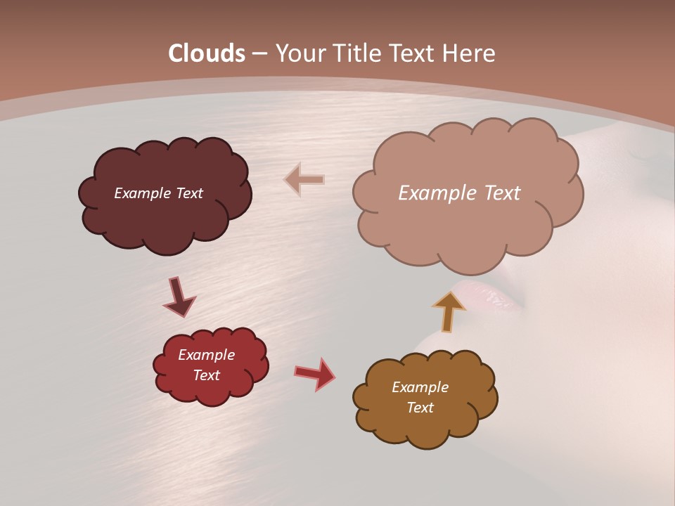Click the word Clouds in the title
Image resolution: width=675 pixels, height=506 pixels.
pos(207,53)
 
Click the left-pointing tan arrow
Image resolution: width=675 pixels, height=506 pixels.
pos(304,180)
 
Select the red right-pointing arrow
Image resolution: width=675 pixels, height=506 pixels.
pos(315,373)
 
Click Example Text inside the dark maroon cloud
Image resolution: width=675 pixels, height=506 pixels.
pos(158,193)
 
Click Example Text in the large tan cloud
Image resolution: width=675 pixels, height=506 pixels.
pos(459,193)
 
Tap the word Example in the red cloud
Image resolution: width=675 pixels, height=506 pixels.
pos(206,355)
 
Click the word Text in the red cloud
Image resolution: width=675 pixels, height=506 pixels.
pos(206,375)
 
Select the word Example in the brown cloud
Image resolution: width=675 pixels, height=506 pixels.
pos(420,387)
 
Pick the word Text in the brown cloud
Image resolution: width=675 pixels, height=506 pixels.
pos(420,408)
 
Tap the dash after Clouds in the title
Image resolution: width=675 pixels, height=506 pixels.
pos(259,53)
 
